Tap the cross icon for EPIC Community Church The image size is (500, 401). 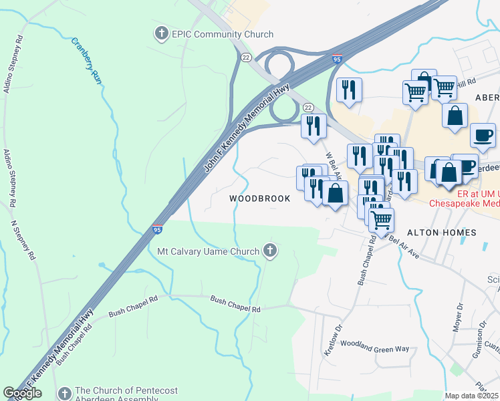[x=161, y=33]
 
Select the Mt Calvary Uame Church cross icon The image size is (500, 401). [x=270, y=251]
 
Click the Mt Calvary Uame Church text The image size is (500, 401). [x=207, y=252]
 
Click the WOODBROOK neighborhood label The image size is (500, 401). [x=260, y=198]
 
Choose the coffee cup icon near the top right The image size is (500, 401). [x=483, y=135]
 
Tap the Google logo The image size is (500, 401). [x=22, y=393]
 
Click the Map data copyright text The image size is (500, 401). [x=472, y=396]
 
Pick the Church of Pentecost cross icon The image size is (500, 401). [x=64, y=394]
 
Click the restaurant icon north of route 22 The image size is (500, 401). [x=348, y=90]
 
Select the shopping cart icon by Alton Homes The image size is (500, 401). [x=381, y=219]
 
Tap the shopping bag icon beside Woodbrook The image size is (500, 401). [x=336, y=193]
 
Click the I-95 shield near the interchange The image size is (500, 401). [x=338, y=59]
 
